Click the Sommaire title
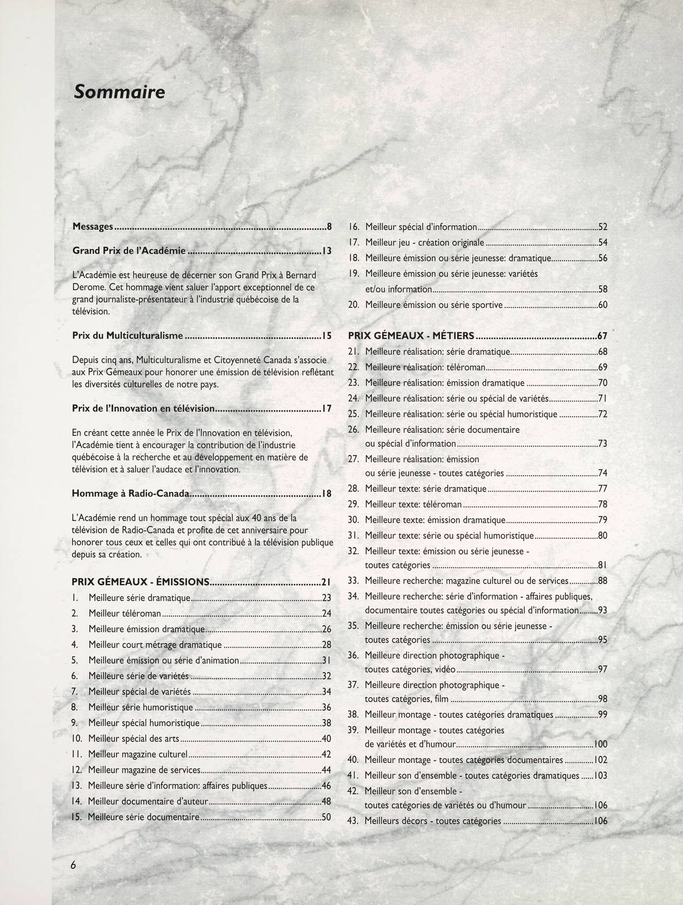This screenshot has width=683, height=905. pos(119,92)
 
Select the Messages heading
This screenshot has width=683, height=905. pos(93,227)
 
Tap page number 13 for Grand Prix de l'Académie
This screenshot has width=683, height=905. pos(327,251)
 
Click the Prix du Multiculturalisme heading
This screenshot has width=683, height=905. pos(128,336)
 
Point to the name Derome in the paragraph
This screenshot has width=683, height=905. pos(88,287)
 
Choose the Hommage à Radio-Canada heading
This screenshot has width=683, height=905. pos(131,494)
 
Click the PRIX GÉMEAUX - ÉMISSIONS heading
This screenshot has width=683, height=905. pos(141,582)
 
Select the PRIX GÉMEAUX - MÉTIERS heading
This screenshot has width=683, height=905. pos(411,336)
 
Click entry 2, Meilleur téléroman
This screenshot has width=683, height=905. pos(125,614)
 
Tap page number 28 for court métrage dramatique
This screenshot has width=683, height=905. pos(327,645)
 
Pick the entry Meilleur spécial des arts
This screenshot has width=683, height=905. pos(134,739)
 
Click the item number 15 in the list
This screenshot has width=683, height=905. pos(77,817)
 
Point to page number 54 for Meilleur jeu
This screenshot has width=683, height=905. pos(603,243)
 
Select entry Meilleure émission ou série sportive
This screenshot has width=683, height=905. pos(434,305)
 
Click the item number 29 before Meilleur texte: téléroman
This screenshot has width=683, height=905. pos(353,504)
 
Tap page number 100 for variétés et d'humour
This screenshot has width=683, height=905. pos(600,744)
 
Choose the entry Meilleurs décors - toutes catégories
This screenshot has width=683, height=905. pos(433,821)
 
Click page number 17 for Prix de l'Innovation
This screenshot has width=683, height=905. pos(327,408)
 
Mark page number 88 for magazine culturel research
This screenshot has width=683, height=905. pos(603,581)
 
